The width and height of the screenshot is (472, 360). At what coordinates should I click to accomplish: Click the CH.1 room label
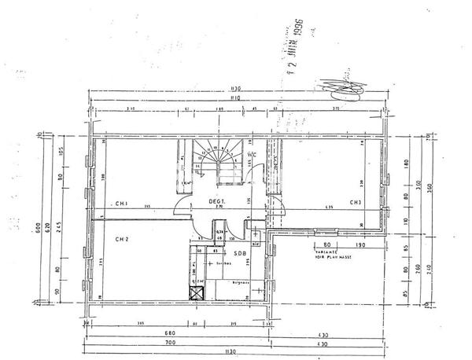pos(123,204)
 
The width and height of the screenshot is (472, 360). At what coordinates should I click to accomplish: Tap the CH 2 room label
pos(122,238)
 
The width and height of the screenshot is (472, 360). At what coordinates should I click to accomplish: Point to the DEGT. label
pos(217,202)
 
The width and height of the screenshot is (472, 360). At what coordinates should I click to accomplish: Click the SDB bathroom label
pos(238,253)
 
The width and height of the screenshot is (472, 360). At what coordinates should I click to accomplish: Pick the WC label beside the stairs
pos(251,155)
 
